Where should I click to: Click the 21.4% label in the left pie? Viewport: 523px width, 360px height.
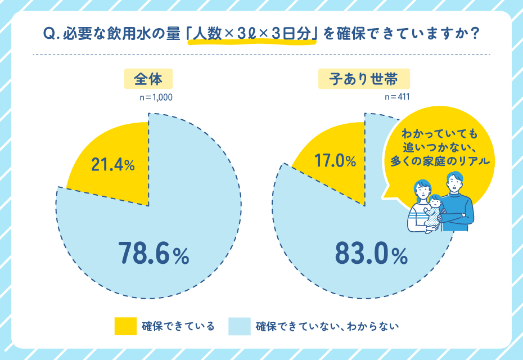pyautogui.click(x=113, y=165)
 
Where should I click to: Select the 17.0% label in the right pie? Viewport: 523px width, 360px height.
pyautogui.click(x=335, y=161)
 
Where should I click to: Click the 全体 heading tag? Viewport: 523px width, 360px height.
pyautogui.click(x=148, y=79)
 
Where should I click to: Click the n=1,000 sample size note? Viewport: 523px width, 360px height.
pyautogui.click(x=156, y=97)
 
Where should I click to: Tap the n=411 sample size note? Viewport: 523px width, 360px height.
pyautogui.click(x=396, y=97)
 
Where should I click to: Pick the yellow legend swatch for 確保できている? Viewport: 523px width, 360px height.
pyautogui.click(x=125, y=326)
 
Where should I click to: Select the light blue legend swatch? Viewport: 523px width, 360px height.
pyautogui.click(x=240, y=326)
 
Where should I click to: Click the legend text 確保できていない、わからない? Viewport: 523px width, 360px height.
pyautogui.click(x=327, y=326)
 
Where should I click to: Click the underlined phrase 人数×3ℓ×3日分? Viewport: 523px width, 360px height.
pyautogui.click(x=251, y=34)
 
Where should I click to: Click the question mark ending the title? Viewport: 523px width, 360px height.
pyautogui.click(x=474, y=34)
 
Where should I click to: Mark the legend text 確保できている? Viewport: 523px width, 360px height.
pyautogui.click(x=178, y=326)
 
